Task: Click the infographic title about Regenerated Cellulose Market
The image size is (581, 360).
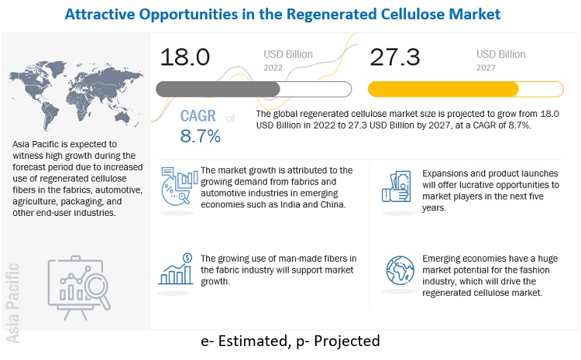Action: pos(290,13)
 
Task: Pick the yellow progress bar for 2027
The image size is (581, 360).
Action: pos(443,88)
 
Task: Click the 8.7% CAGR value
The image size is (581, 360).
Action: pos(201,137)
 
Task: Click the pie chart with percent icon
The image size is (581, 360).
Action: pos(177,189)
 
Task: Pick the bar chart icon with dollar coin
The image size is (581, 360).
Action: pos(177,269)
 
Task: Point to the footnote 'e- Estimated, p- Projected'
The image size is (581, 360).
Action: pos(290,341)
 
